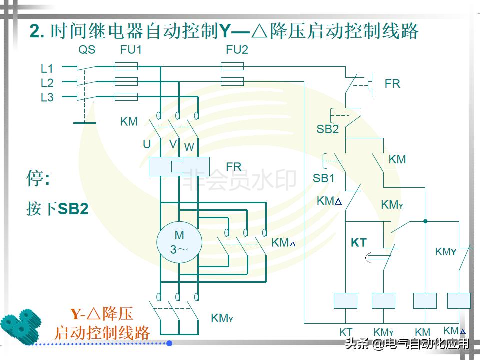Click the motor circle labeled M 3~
[x=179, y=243]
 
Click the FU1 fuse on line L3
[x=126, y=97]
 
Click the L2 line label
[x=47, y=83]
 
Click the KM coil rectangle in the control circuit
[x=425, y=301]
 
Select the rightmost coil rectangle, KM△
[x=459, y=301]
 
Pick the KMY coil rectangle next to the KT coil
[x=384, y=301]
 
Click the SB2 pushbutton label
[x=327, y=130]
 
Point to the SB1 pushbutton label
[x=324, y=178]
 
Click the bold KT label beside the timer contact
[x=359, y=243]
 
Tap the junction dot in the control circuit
[x=425, y=221]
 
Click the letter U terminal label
[x=147, y=144]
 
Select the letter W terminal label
[x=189, y=147]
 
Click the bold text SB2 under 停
[x=73, y=209]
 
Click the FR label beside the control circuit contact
[x=392, y=84]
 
